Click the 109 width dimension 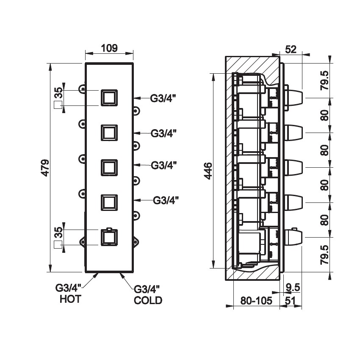109,48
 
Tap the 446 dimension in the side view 207,171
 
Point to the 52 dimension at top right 291,49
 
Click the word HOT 70,300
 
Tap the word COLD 148,301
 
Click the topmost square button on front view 109,98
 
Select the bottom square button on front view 109,237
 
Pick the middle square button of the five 109,167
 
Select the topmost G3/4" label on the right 163,98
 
